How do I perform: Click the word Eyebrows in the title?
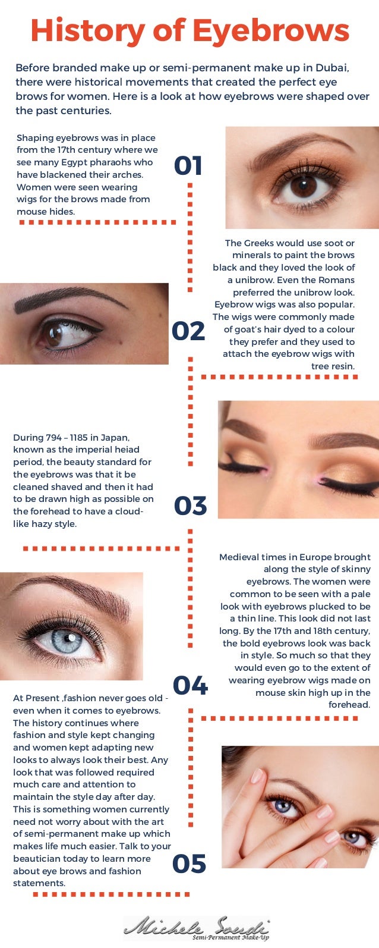click(x=271, y=31)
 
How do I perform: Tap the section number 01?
click(x=188, y=167)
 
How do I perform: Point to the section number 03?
click(x=190, y=506)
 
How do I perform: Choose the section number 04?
click(x=190, y=686)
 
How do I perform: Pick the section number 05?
click(x=189, y=864)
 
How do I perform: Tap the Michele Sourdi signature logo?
click(x=196, y=928)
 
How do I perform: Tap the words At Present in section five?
click(x=37, y=698)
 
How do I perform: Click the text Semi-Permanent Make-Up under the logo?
click(x=230, y=938)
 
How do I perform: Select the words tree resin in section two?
click(x=333, y=366)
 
